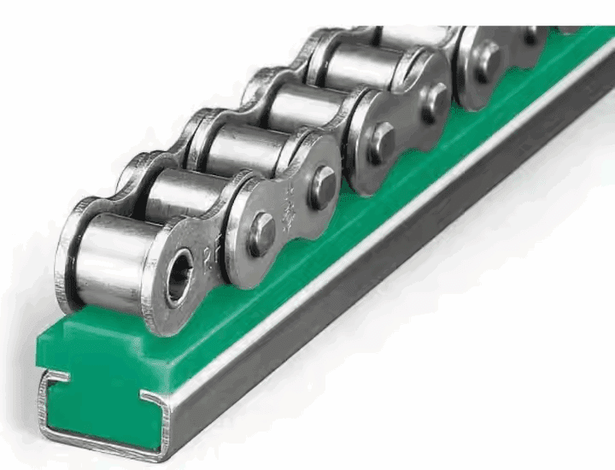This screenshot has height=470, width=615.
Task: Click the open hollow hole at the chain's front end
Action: point(179,279)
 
